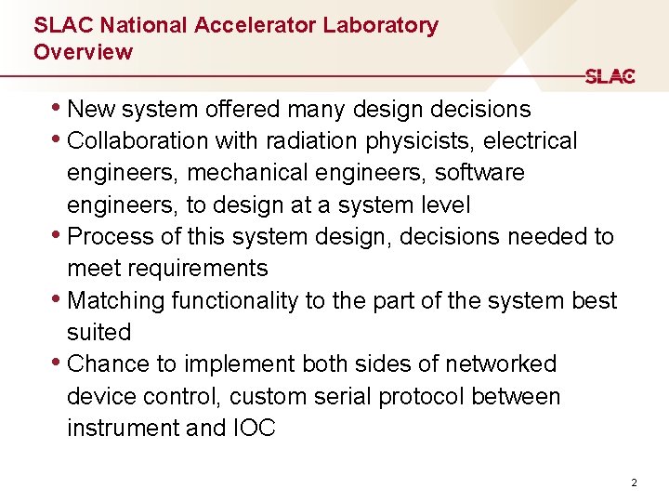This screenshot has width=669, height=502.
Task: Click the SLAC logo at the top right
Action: (x=610, y=77)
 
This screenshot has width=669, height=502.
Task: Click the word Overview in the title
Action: (x=83, y=52)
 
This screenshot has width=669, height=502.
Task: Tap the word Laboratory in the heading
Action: (x=381, y=25)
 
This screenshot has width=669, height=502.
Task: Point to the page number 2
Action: (x=634, y=482)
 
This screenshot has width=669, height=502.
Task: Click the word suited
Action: (x=98, y=332)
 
